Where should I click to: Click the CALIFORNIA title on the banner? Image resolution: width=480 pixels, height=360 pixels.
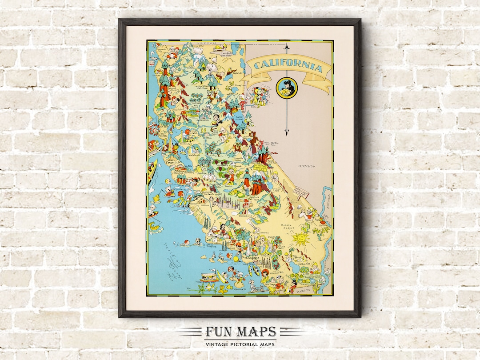288,67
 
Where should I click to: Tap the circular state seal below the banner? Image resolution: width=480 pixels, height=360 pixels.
283,88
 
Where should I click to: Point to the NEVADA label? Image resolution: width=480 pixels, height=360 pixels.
307,166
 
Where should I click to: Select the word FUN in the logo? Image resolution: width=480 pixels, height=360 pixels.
217,332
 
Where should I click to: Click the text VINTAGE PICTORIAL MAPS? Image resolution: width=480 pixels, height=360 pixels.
240,344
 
